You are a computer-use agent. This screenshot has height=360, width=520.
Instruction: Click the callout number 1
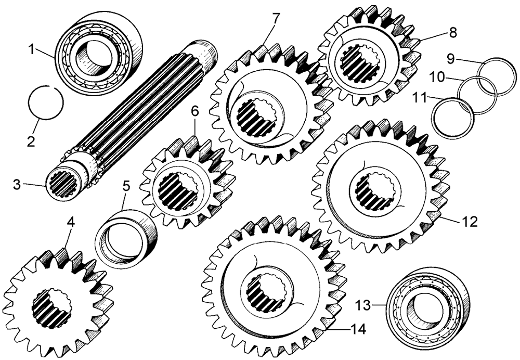(32, 49)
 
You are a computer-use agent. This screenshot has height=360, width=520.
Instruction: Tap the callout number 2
(31, 142)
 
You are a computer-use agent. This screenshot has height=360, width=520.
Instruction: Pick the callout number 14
(358, 329)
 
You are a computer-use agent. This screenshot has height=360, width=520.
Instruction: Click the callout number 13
(363, 305)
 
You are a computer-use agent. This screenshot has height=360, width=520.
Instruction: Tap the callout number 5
(126, 186)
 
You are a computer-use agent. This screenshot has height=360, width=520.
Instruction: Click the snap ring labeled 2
(46, 102)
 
